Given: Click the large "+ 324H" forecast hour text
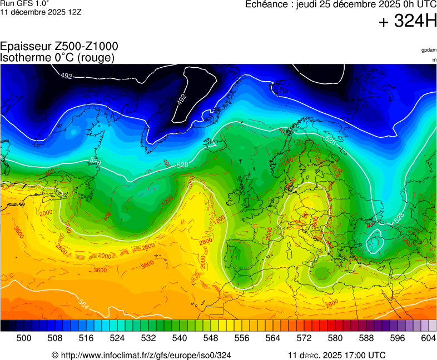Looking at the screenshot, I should tap(408, 22).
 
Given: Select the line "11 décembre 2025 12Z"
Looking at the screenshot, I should tap(41, 12).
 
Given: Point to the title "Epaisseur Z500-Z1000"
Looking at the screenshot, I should tap(59, 47).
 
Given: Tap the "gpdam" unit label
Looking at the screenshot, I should tap(429, 50).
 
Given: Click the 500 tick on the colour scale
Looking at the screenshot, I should tap(23, 337).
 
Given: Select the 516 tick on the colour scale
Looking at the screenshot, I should tap(86, 337).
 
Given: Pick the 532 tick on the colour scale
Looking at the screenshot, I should tap(148, 337).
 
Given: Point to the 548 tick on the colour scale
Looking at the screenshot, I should tap(210, 337).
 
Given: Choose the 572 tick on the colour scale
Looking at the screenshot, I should tap(304, 337).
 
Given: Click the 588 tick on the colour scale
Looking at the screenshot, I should tap(366, 337).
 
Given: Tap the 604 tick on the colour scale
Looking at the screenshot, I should tap(428, 337).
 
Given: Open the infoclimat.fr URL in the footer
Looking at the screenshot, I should tap(146, 355).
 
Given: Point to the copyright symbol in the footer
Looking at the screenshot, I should tap(55, 355).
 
